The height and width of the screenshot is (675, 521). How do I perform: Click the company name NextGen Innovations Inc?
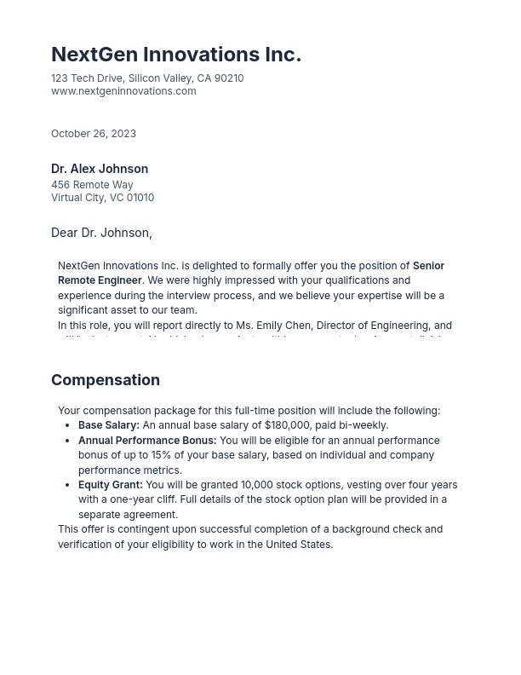pyautogui.click(x=175, y=55)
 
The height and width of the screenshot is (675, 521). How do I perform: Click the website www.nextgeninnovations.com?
pyautogui.click(x=123, y=91)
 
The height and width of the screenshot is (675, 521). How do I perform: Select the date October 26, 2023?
pyautogui.click(x=94, y=134)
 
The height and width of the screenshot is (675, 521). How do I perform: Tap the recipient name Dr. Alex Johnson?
pyautogui.click(x=100, y=169)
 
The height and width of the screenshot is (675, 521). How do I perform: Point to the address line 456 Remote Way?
pyautogui.click(x=92, y=185)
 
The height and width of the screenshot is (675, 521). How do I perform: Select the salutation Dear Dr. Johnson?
pyautogui.click(x=101, y=233)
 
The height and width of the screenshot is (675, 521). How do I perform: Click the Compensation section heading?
pyautogui.click(x=106, y=380)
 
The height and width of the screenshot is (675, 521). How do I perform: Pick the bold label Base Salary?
pyautogui.click(x=109, y=425)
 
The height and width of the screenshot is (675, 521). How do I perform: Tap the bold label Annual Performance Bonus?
pyautogui.click(x=147, y=441)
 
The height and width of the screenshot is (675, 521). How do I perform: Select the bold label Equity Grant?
pyautogui.click(x=111, y=485)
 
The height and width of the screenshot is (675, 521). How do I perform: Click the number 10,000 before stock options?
pyautogui.click(x=257, y=485)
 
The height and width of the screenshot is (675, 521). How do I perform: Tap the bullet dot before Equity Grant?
pyautogui.click(x=68, y=485)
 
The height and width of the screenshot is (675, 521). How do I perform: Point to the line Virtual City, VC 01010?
pyautogui.click(x=102, y=198)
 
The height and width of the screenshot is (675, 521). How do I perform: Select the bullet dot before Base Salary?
pyautogui.click(x=68, y=425)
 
